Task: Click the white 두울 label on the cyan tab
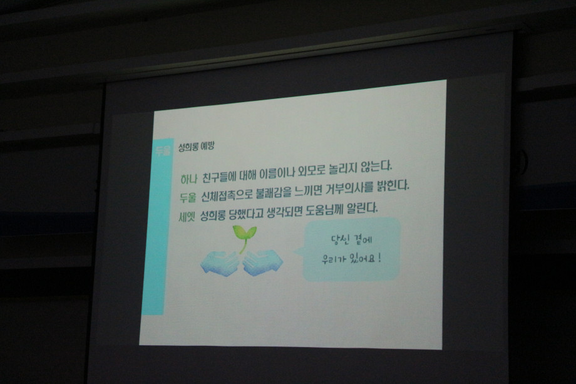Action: click(x=163, y=151)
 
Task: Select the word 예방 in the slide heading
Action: click(x=208, y=146)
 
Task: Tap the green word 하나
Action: click(x=189, y=179)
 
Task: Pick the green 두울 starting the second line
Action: click(x=188, y=197)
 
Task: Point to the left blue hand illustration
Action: click(x=220, y=262)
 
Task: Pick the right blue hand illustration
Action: click(x=263, y=262)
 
